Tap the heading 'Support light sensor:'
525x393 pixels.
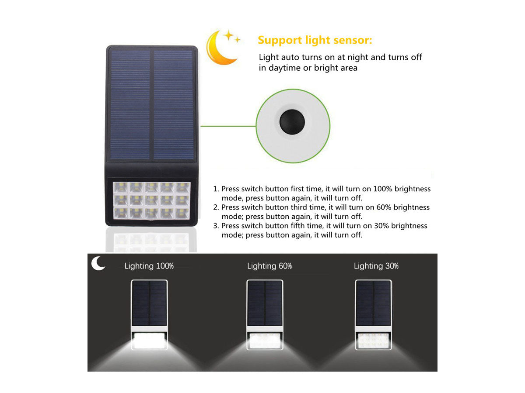click(x=315, y=40)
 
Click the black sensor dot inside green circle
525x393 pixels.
click(x=292, y=122)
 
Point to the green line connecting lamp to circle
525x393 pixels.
click(x=228, y=126)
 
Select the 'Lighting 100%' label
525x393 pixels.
click(x=149, y=266)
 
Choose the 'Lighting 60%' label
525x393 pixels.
click(x=269, y=266)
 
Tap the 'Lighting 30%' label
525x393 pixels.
click(x=376, y=266)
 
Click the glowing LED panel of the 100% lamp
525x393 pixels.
click(x=150, y=341)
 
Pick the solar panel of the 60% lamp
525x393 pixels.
click(x=265, y=303)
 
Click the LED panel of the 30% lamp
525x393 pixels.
click(x=373, y=341)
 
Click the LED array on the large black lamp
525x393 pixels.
click(x=152, y=201)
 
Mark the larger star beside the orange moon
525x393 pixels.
click(x=229, y=35)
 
